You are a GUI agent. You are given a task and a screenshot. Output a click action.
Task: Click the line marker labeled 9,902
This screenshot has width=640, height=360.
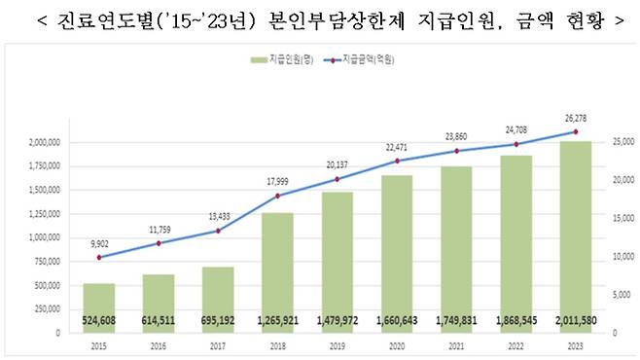pos(98,257)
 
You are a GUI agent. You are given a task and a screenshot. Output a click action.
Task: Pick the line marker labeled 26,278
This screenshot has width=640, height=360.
pos(575,132)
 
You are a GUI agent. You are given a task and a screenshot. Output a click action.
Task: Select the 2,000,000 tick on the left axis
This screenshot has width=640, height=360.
pos(43,142)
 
